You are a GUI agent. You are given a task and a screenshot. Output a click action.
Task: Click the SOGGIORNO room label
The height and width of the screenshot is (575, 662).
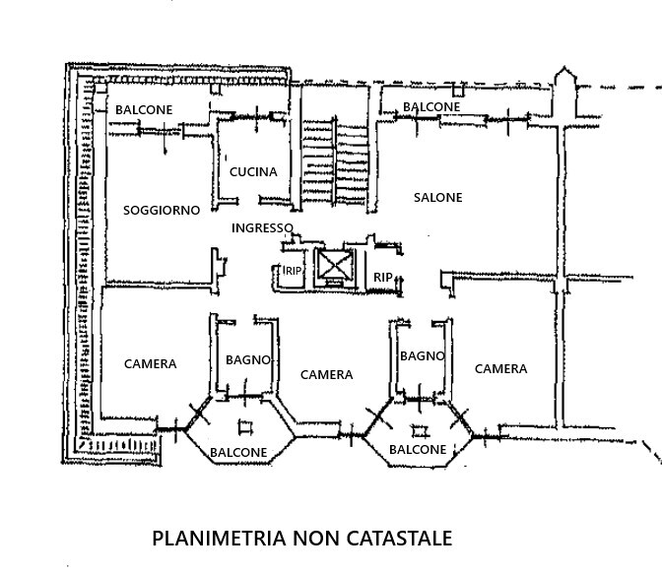pyautogui.click(x=162, y=210)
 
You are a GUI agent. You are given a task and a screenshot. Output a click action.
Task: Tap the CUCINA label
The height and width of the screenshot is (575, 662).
pyautogui.click(x=253, y=171)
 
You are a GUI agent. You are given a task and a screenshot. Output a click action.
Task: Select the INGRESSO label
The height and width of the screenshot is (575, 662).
pyautogui.click(x=262, y=227)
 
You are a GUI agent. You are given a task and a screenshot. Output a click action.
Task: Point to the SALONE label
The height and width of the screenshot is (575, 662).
pyautogui.click(x=437, y=197)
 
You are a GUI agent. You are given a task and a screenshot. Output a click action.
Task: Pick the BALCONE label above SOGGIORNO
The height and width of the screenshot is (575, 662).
pyautogui.click(x=144, y=109)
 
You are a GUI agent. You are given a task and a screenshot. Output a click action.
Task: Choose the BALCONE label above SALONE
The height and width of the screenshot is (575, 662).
pyautogui.click(x=431, y=106)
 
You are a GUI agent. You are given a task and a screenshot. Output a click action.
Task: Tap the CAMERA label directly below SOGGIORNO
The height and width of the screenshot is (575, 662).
pyautogui.click(x=150, y=363)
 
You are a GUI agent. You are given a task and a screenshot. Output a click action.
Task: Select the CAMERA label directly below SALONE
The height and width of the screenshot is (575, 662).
pyautogui.click(x=500, y=369)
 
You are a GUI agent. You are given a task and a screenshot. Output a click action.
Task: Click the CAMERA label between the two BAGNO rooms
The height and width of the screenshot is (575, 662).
pyautogui.click(x=326, y=374)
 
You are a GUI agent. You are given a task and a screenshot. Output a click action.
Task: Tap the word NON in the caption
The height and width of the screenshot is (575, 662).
pyautogui.click(x=312, y=539)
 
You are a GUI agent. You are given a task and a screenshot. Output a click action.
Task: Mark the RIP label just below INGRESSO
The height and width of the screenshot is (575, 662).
pyautogui.click(x=293, y=272)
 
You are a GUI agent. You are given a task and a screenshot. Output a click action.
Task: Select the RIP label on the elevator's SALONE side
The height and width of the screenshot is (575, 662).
pyautogui.click(x=383, y=278)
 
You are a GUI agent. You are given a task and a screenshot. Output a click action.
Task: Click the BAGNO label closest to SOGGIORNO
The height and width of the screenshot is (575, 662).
pyautogui.click(x=247, y=359)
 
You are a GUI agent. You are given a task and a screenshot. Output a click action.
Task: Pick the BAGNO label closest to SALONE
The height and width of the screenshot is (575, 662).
pyautogui.click(x=423, y=355)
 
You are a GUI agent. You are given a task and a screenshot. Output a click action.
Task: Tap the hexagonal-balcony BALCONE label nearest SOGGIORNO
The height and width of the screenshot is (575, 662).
pyautogui.click(x=238, y=453)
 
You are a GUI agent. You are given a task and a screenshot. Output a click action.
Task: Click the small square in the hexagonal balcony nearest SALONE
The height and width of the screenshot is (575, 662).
pyautogui.click(x=421, y=430)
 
